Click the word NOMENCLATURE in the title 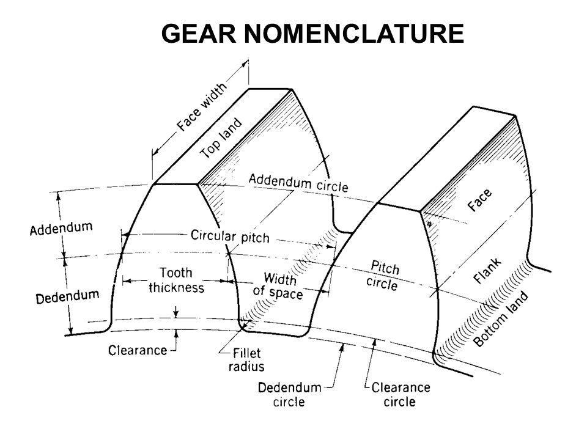[354, 33]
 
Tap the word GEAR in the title [199, 33]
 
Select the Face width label [202, 106]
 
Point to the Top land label [221, 138]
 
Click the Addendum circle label [298, 183]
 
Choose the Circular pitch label [230, 236]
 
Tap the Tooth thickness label [176, 280]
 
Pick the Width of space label [278, 286]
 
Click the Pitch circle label [383, 276]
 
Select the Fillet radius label [246, 359]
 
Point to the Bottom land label [501, 318]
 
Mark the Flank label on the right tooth [487, 271]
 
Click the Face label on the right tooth [479, 200]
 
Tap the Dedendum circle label [289, 394]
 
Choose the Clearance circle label [401, 394]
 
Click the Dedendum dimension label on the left [67, 296]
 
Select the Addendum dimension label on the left [61, 228]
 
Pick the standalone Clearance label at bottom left [138, 350]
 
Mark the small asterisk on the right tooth [430, 224]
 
